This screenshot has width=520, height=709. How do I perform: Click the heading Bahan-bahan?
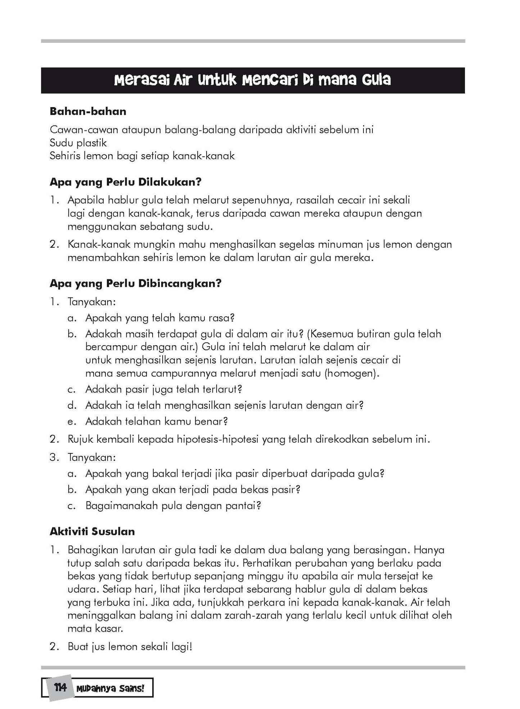pos(88,111)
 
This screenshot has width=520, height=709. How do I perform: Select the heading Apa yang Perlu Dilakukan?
pos(125,182)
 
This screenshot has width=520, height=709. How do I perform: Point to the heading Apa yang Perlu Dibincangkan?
pos(135,284)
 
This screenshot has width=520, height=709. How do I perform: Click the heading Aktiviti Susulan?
pos(92,531)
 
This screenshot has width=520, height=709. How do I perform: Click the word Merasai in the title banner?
pos(141,80)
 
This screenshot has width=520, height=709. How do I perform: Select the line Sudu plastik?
pos(78,143)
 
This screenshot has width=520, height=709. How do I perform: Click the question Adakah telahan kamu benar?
pos(157,421)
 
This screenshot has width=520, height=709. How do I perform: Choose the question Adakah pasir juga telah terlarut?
pos(164,389)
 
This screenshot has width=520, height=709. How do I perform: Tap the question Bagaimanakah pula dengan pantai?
pos(173,506)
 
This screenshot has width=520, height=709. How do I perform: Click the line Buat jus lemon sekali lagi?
pos(130,647)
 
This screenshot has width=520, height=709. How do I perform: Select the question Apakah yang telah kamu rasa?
pos(160,318)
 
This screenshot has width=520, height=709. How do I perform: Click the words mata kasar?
pos(95,629)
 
